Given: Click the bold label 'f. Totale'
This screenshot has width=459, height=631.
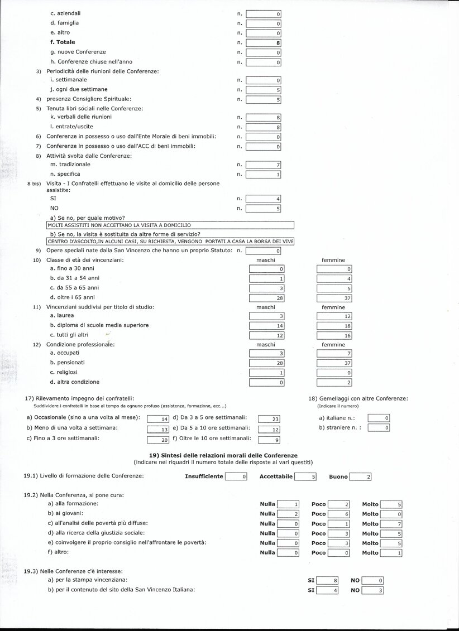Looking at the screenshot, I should pyautogui.click(x=63, y=42).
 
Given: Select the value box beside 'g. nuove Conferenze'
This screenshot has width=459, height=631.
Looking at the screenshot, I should pyautogui.click(x=263, y=52).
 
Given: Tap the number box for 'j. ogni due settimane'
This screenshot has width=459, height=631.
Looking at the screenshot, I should pyautogui.click(x=263, y=90).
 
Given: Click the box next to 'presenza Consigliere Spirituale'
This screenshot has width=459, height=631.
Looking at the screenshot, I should pyautogui.click(x=263, y=100).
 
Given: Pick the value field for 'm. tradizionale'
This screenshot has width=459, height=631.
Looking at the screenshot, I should pyautogui.click(x=263, y=165).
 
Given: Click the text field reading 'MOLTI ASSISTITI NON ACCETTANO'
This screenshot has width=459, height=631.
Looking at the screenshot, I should pyautogui.click(x=170, y=225).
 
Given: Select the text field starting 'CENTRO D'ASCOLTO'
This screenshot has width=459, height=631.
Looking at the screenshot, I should pyautogui.click(x=170, y=242).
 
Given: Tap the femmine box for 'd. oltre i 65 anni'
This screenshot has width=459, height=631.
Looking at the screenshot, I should pyautogui.click(x=334, y=298).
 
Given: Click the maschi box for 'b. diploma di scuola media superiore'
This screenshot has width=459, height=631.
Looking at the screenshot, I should pyautogui.click(x=267, y=326).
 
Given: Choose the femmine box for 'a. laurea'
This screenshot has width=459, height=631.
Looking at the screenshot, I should pyautogui.click(x=334, y=316).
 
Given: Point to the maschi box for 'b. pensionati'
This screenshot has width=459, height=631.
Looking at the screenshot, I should pyautogui.click(x=267, y=363).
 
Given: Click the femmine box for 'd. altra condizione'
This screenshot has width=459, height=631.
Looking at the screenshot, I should pyautogui.click(x=334, y=382).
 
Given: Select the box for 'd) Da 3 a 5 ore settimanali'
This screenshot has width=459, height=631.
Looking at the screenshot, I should pyautogui.click(x=269, y=419).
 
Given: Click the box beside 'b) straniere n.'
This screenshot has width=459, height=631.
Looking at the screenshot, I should pyautogui.click(x=379, y=428).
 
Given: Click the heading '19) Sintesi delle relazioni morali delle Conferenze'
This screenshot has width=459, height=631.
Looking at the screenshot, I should pyautogui.click(x=223, y=456).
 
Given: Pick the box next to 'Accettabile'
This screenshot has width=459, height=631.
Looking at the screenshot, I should pyautogui.click(x=305, y=477).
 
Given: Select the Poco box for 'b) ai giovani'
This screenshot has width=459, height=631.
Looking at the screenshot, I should pyautogui.click(x=338, y=514).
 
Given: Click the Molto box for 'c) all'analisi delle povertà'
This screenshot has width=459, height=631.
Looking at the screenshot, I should pyautogui.click(x=391, y=524).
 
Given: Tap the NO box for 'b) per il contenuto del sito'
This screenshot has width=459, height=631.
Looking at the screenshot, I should pyautogui.click(x=372, y=590).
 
